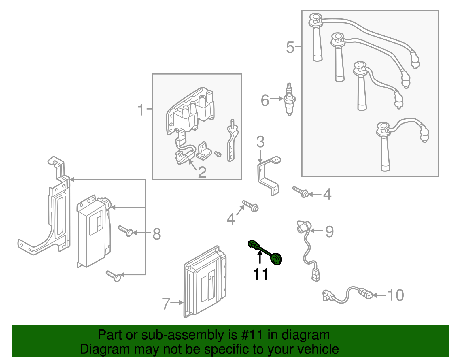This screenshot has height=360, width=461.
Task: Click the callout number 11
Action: pos(260,274)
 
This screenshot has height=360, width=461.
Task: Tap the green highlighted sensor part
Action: pos(265,252)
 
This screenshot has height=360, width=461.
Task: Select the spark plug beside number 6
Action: pos(289,99)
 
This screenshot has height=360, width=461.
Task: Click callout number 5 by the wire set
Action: pos(290,47)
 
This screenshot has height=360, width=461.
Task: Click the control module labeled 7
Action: pos(205,282)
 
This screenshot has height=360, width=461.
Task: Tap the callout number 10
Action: pos(396,295)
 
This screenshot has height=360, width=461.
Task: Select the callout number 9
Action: pos(329,231)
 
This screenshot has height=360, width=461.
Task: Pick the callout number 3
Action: pos(260,142)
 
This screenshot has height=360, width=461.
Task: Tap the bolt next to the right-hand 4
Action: pos(301,192)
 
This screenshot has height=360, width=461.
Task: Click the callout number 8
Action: pos(156,234)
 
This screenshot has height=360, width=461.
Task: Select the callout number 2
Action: pos(202,172)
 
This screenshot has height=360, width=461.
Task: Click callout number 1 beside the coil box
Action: pos(141,110)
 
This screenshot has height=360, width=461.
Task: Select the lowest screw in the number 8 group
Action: pos(114,276)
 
